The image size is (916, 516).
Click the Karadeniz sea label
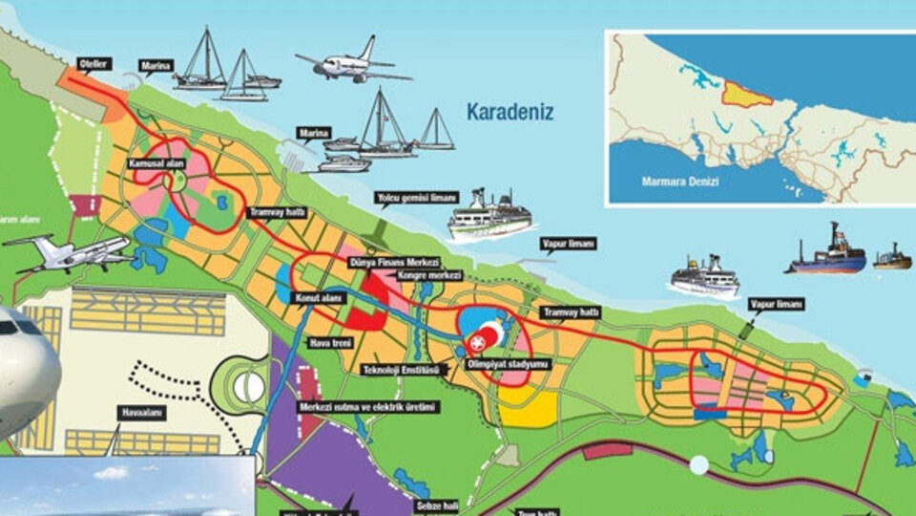coord(510,112)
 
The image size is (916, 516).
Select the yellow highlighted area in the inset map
coord(745,93)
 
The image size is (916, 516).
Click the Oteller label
coord(95,63)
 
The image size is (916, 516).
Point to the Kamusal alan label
coord(156,164)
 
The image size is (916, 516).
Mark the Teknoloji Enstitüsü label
coord(400,369)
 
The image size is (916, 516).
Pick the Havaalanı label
coord(142,413)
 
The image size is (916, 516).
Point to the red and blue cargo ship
coord(827,254)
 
